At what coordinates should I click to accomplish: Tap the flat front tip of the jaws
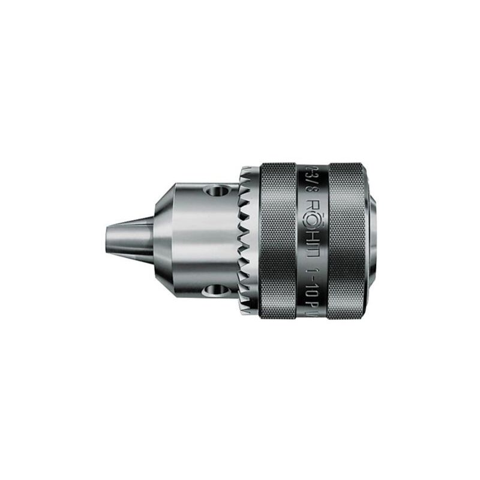click(x=107, y=241)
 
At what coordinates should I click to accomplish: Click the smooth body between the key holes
click(x=198, y=241)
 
